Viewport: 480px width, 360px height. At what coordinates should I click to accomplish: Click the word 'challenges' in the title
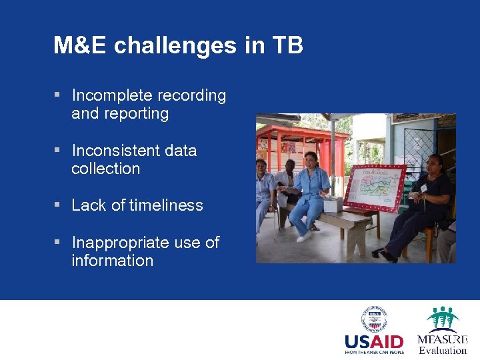point(175,46)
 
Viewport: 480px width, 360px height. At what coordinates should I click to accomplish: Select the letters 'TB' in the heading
point(288,46)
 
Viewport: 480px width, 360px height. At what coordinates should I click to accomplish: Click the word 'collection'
point(105,169)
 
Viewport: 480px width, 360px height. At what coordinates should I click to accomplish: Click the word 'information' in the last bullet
point(112,261)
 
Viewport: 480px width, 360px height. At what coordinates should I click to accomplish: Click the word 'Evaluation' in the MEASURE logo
point(443,351)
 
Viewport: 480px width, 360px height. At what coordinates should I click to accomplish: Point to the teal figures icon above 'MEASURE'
point(443,318)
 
